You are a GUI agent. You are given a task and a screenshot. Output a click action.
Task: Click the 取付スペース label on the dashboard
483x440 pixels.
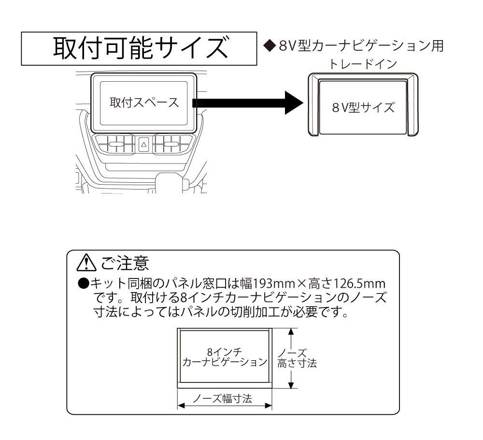click(x=143, y=103)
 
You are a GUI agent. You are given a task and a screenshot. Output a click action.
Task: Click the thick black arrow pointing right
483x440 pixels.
click(x=246, y=103)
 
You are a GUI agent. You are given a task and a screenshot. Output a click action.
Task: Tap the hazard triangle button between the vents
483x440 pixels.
click(x=143, y=144)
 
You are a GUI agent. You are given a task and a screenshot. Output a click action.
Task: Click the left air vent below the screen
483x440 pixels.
click(x=114, y=144)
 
